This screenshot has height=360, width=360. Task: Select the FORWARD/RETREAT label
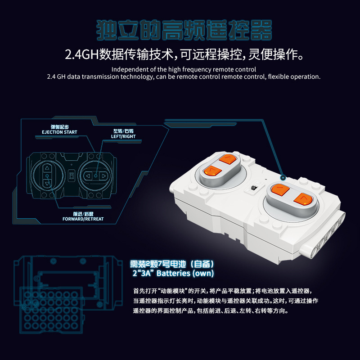click(83, 219)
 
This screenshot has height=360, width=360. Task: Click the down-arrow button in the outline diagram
click(46, 183)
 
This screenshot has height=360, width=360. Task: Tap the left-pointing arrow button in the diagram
click(90, 176)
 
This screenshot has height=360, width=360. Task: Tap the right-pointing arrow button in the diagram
click(103, 176)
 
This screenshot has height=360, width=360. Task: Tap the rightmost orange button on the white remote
click(302, 198)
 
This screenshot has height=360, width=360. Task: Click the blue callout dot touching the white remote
click(283, 177)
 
